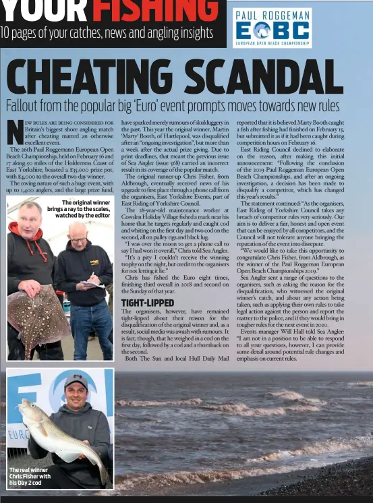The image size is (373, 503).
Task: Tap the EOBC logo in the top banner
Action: click(x=272, y=30)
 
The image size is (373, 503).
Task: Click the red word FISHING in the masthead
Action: click(x=155, y=9)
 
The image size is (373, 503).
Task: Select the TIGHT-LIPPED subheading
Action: click(x=147, y=303)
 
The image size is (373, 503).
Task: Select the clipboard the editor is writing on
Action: click(x=92, y=284)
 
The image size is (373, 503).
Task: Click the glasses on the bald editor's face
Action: click(x=79, y=239)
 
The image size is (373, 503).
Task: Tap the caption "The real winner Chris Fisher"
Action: click(x=29, y=476)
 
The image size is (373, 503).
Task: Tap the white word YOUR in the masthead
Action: click(x=45, y=9)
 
